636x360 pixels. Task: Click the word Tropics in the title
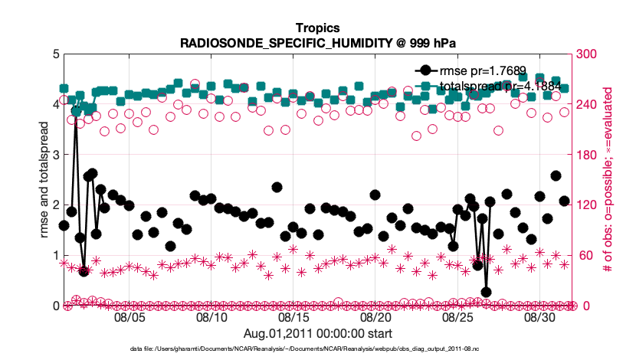317,29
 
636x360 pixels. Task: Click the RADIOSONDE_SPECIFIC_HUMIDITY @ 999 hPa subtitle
317,43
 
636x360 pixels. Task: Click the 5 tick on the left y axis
54,54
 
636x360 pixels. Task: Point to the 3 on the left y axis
54,155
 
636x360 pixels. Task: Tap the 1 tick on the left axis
54,256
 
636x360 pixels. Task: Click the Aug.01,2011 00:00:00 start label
317,333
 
